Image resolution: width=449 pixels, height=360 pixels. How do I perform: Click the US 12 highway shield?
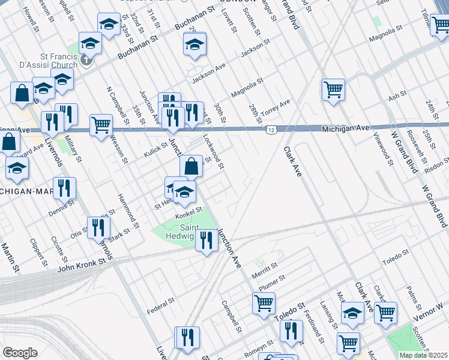point(273,130)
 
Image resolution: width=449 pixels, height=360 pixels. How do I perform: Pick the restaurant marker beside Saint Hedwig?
point(207,241)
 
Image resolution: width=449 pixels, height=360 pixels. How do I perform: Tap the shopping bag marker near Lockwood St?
point(191,167)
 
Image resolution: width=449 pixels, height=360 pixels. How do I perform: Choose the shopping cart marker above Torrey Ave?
point(333,91)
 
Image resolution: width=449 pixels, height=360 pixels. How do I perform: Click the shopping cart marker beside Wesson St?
point(101,125)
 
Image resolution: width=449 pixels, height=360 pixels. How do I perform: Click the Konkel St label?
point(188,210)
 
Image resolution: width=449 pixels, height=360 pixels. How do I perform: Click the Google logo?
point(20,353)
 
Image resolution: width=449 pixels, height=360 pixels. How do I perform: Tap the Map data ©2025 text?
point(423,355)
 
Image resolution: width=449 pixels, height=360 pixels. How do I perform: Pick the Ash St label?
point(397,96)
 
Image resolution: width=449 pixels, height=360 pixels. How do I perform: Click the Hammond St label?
point(128,206)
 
